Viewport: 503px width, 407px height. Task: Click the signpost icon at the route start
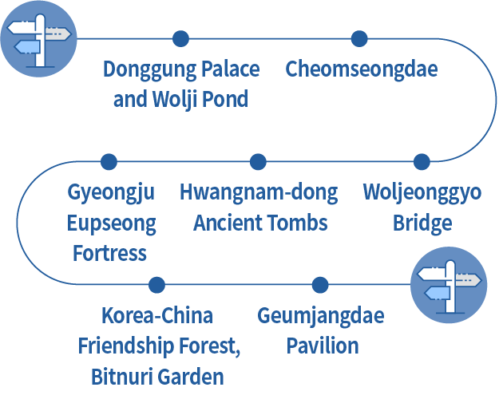(x=38, y=39)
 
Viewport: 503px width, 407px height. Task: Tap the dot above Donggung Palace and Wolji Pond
(x=180, y=38)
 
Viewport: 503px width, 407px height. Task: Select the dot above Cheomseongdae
(x=359, y=38)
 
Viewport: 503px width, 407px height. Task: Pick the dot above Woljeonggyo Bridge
(x=422, y=162)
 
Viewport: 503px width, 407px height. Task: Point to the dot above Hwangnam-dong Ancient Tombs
(x=258, y=162)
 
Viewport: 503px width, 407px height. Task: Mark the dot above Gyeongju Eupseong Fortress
(x=109, y=162)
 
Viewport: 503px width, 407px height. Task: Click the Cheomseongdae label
(x=362, y=69)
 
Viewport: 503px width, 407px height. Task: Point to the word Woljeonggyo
(x=422, y=193)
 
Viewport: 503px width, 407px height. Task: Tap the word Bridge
(x=422, y=223)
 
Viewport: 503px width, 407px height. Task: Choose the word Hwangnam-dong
(x=258, y=193)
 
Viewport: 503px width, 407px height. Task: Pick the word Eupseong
(x=112, y=223)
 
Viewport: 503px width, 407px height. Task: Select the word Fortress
(x=109, y=253)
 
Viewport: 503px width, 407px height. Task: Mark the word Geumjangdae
(x=320, y=316)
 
